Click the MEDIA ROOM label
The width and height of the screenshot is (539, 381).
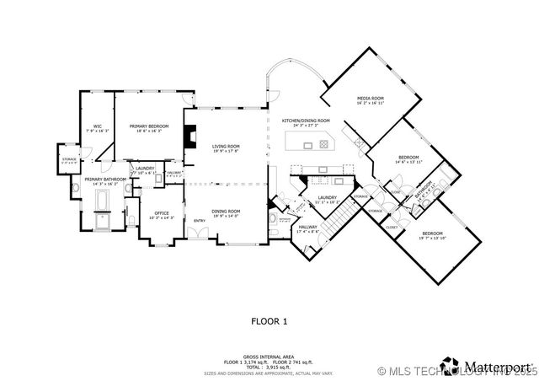[371, 99]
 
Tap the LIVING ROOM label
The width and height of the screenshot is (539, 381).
[225, 146]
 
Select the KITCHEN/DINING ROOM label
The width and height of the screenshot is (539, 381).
[306, 121]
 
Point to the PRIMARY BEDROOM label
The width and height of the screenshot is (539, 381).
[149, 126]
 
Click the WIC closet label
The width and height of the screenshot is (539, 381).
[98, 126]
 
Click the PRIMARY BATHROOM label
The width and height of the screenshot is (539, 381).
[105, 180]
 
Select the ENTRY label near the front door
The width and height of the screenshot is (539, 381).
[200, 222]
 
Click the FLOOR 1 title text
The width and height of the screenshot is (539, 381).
[269, 321]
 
